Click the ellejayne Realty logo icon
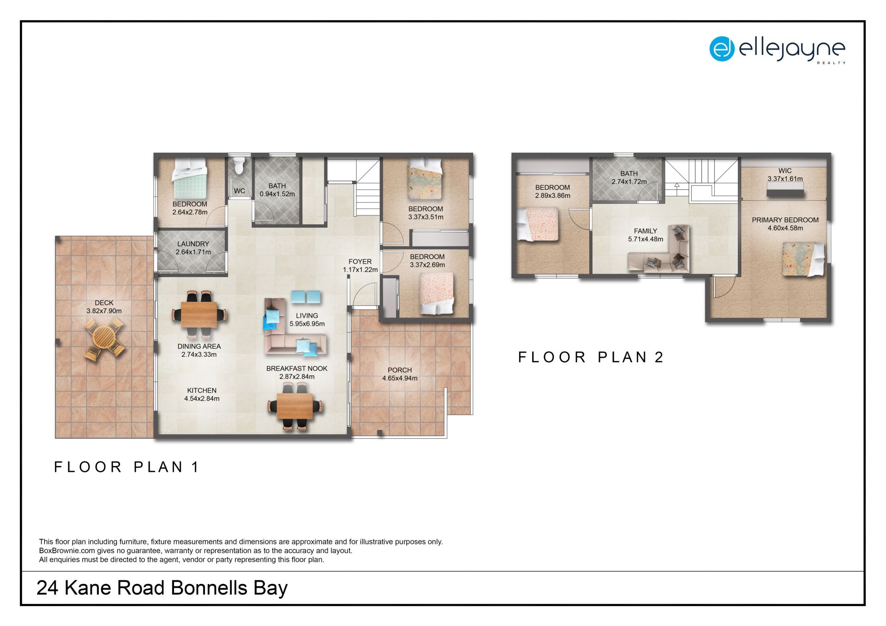tap(722, 49)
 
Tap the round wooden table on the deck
tap(105, 339)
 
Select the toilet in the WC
tap(238, 165)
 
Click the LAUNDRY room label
tap(193, 244)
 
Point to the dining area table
tap(199, 314)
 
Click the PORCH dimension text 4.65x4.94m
tap(400, 378)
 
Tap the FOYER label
tap(360, 262)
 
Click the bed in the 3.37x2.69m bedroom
tap(437, 293)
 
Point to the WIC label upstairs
tap(785, 171)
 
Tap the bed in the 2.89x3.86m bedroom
tap(538, 224)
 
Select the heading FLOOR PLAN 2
tap(591, 357)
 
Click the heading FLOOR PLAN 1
tap(126, 467)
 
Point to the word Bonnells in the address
tap(209, 588)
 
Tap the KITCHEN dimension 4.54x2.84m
tap(202, 399)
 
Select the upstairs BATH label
tap(629, 173)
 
